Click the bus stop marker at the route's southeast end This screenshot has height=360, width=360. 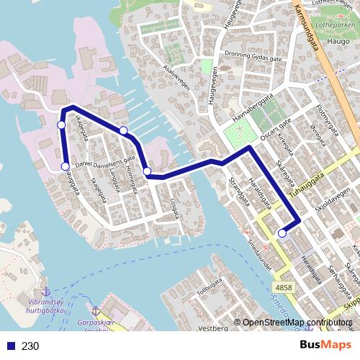[x=282, y=233]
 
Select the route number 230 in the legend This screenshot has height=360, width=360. [x=30, y=346]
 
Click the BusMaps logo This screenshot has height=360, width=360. [x=325, y=345]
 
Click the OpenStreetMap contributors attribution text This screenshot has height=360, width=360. [x=295, y=323]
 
